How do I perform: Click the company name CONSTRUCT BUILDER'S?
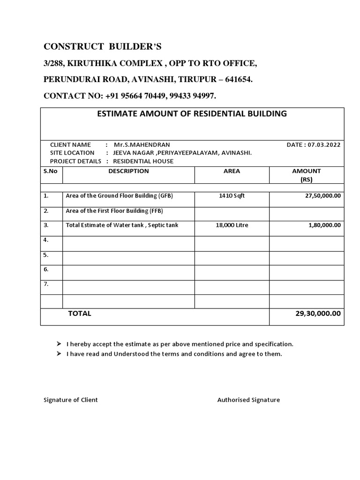[102, 46]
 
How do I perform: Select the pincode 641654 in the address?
[239, 80]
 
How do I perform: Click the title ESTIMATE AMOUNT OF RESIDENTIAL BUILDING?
[191, 113]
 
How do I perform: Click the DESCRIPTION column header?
[128, 171]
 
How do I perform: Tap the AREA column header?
[232, 171]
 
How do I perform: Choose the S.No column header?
[51, 171]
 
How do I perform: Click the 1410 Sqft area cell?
[232, 196]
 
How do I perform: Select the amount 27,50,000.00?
[323, 196]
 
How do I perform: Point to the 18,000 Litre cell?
[232, 225]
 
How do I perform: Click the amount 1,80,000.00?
[324, 225]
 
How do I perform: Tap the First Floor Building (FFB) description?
[114, 211]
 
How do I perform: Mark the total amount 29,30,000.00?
[318, 314]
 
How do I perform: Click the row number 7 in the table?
[46, 284]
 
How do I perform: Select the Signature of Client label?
[71, 400]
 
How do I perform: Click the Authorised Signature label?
[248, 400]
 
